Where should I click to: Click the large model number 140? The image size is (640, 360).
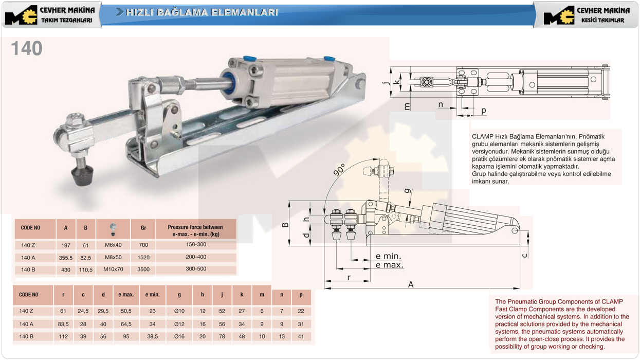(27, 48)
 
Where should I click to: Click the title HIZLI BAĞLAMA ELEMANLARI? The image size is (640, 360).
(202, 12)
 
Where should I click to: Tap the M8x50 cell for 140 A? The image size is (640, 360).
(113, 257)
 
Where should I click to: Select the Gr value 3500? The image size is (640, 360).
(143, 269)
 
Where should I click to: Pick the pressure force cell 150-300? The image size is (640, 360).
(196, 244)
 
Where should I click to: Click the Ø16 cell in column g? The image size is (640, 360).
(179, 336)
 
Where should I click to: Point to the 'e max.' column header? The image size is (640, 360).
(126, 295)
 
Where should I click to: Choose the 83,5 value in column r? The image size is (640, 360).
(63, 324)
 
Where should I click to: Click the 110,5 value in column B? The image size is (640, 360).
(86, 269)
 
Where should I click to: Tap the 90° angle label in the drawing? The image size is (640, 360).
(339, 170)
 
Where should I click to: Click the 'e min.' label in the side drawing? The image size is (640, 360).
(388, 256)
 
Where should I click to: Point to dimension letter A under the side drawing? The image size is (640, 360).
(411, 284)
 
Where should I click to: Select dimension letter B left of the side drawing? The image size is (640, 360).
(285, 225)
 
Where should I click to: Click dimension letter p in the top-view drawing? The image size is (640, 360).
(483, 111)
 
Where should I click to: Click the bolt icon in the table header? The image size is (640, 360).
(113, 229)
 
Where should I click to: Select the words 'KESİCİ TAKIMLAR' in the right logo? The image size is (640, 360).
(602, 20)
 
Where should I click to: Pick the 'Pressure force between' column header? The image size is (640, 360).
(195, 227)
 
